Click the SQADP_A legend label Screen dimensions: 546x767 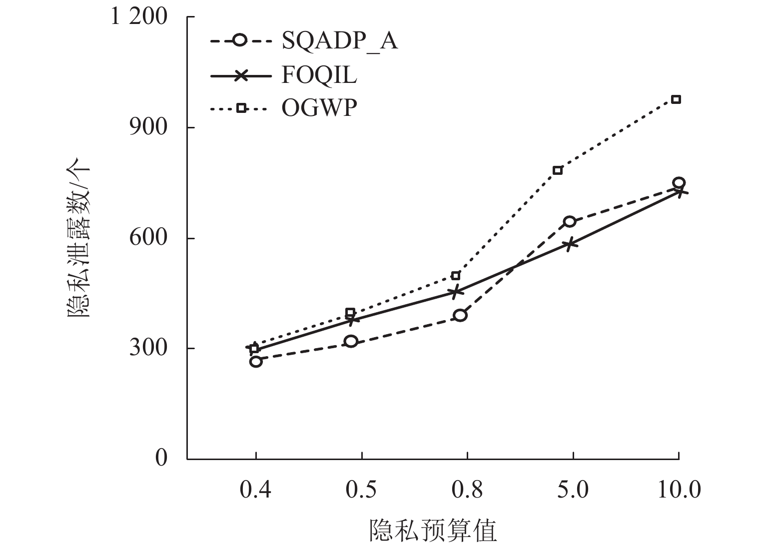point(340,41)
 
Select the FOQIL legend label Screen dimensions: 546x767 point(319,75)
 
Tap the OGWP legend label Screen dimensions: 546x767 point(319,108)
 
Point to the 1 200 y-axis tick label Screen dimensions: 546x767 point(139,17)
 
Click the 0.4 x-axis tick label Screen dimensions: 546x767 point(256,490)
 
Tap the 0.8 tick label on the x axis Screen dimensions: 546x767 point(467,490)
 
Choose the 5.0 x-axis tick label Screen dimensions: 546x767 point(573,490)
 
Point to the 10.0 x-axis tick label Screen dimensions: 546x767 point(678,490)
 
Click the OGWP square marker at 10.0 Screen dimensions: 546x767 point(676,99)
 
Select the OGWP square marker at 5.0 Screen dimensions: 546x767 point(558,170)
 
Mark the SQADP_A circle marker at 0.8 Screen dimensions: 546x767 point(460,315)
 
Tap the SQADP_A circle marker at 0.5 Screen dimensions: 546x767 point(351,342)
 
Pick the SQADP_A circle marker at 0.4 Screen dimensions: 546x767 point(256,361)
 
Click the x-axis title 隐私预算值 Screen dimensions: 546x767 point(433,531)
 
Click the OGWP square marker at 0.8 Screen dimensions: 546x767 point(455,276)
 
